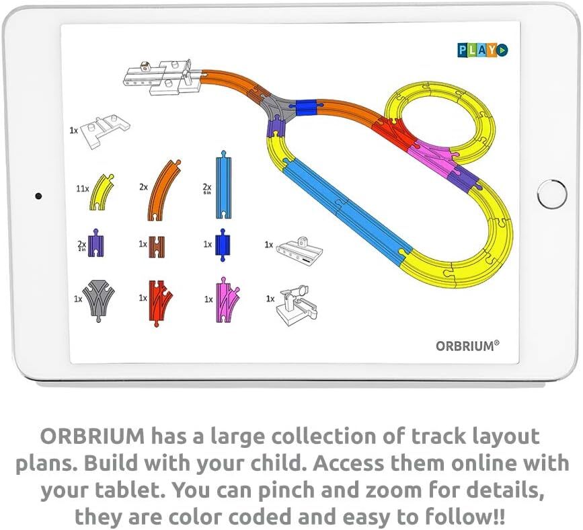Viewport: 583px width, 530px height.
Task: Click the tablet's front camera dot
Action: coord(38,196)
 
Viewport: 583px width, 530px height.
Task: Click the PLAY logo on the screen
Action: coord(483,50)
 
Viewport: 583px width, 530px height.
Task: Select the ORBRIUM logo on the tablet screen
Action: coord(467,346)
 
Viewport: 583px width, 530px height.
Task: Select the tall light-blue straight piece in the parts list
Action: coord(224,184)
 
